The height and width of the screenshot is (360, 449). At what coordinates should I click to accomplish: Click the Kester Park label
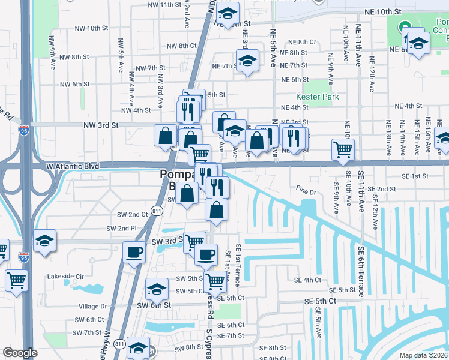[318, 97]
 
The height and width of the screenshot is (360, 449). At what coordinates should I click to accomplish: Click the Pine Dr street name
[306, 193]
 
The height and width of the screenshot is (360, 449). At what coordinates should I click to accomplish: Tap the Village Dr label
[92, 306]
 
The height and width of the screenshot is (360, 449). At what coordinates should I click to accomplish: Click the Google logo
[20, 353]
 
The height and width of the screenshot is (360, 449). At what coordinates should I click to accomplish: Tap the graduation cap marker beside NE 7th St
[247, 61]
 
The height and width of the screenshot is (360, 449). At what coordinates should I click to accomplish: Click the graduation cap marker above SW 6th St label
[157, 290]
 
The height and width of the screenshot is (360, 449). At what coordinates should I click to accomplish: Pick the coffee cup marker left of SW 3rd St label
[133, 251]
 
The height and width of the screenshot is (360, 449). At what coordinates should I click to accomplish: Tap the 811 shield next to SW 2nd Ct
[157, 211]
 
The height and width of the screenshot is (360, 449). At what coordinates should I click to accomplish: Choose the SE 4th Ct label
[307, 280]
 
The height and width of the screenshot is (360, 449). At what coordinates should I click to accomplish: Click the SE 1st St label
[416, 176]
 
